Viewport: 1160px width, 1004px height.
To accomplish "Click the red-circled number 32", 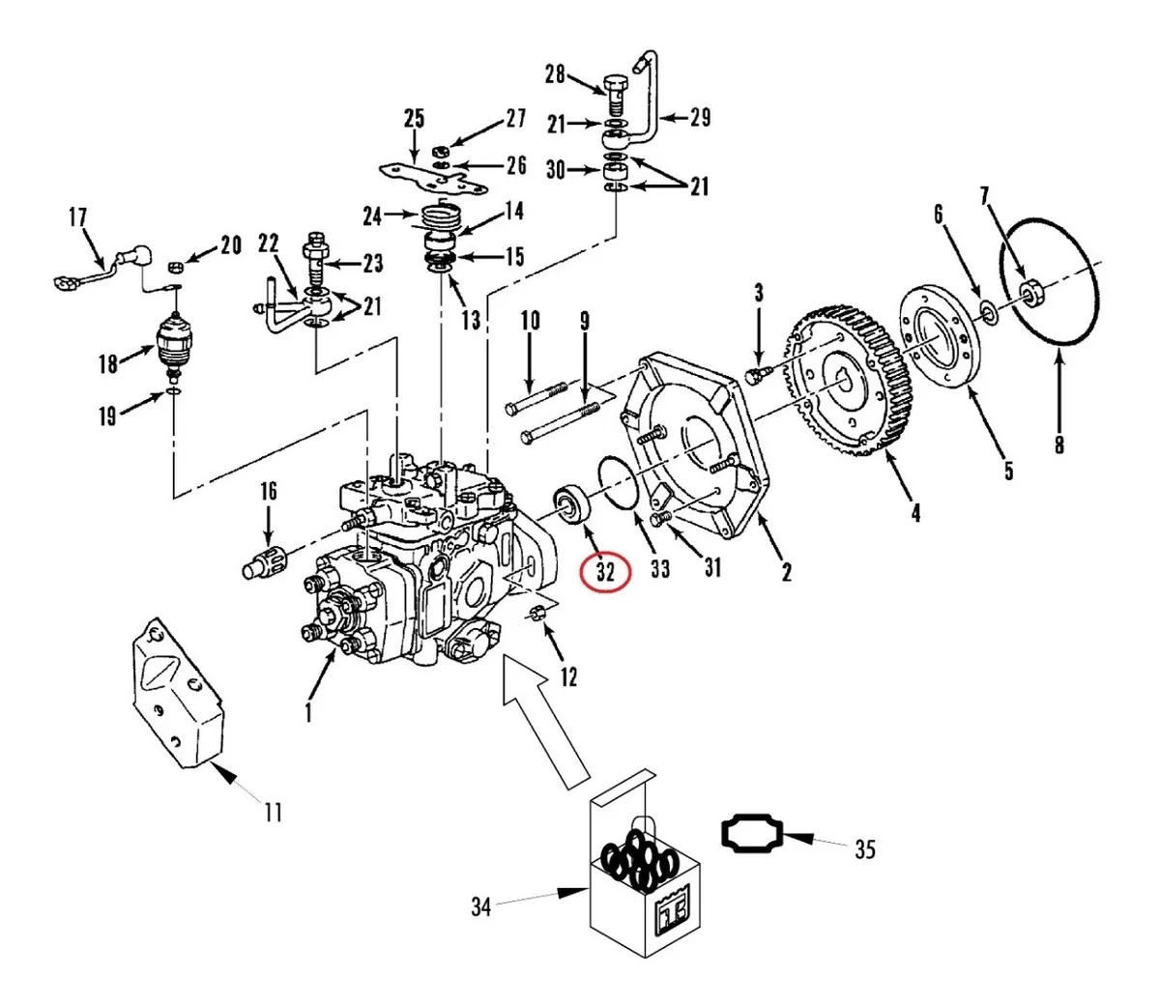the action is [x=606, y=573].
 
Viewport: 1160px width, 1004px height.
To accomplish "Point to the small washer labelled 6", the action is [x=989, y=312].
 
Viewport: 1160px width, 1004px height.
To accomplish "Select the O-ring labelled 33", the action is [x=619, y=483].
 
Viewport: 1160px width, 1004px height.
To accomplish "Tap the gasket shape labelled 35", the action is [x=752, y=835].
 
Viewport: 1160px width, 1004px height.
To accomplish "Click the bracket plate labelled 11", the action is [x=177, y=693].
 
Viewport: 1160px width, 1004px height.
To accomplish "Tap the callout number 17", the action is [x=78, y=217].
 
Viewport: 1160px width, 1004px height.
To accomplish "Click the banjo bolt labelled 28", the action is [x=616, y=96].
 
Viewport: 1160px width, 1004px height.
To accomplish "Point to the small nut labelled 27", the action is [x=440, y=152].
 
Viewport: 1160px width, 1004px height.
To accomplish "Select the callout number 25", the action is [x=414, y=119].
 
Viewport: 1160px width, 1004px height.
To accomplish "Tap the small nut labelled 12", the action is [x=537, y=613].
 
